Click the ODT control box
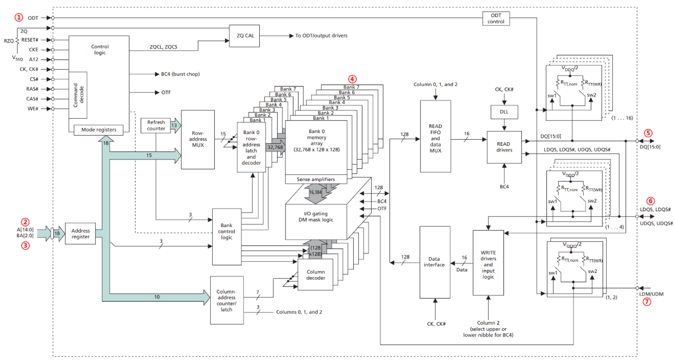[496, 18]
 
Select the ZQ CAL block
[244, 36]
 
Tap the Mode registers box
[99, 130]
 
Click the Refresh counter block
[156, 125]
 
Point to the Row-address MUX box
[198, 139]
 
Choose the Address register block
[80, 234]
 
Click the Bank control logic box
[226, 237]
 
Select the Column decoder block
[315, 275]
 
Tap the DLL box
[504, 112]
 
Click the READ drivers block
[504, 147]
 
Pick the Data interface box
[435, 262]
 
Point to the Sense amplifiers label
[316, 180]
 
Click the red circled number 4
[352, 79]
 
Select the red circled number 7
[647, 302]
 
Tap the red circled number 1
[19, 18]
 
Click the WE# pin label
[33, 109]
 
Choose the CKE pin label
[34, 50]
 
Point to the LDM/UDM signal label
[651, 294]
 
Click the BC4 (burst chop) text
[180, 74]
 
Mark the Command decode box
[78, 95]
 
